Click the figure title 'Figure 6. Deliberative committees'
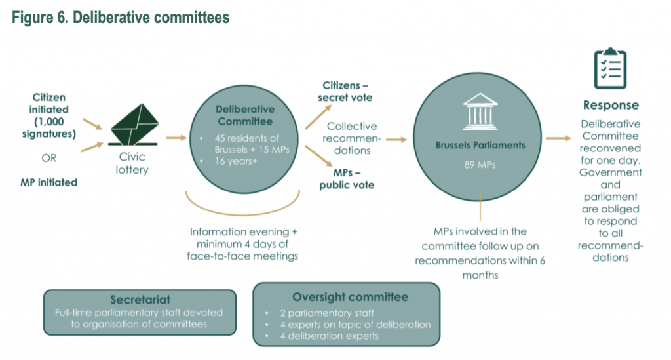[121, 18]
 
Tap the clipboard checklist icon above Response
[610, 68]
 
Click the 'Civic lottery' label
[134, 163]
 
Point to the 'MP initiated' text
[48, 182]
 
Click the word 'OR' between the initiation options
[48, 158]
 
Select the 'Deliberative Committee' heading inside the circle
[245, 115]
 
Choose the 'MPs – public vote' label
[347, 178]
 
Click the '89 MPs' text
[480, 165]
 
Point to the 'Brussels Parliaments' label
[480, 145]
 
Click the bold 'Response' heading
[611, 105]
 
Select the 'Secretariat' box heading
[139, 299]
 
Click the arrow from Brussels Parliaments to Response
[558, 139]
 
